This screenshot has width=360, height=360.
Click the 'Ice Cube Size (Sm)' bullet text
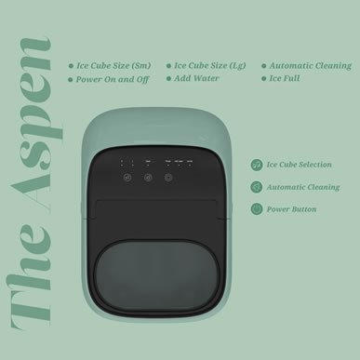(114, 67)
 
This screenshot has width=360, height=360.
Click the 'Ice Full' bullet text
(287, 80)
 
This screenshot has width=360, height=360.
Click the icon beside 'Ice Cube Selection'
(256, 165)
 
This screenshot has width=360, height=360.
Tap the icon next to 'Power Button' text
(256, 208)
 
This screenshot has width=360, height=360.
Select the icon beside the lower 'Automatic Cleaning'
(256, 187)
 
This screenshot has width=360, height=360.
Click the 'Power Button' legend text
(291, 209)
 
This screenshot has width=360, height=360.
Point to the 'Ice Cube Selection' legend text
(300, 165)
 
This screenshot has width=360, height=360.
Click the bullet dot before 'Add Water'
(168, 81)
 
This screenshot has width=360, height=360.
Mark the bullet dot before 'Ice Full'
(263, 81)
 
